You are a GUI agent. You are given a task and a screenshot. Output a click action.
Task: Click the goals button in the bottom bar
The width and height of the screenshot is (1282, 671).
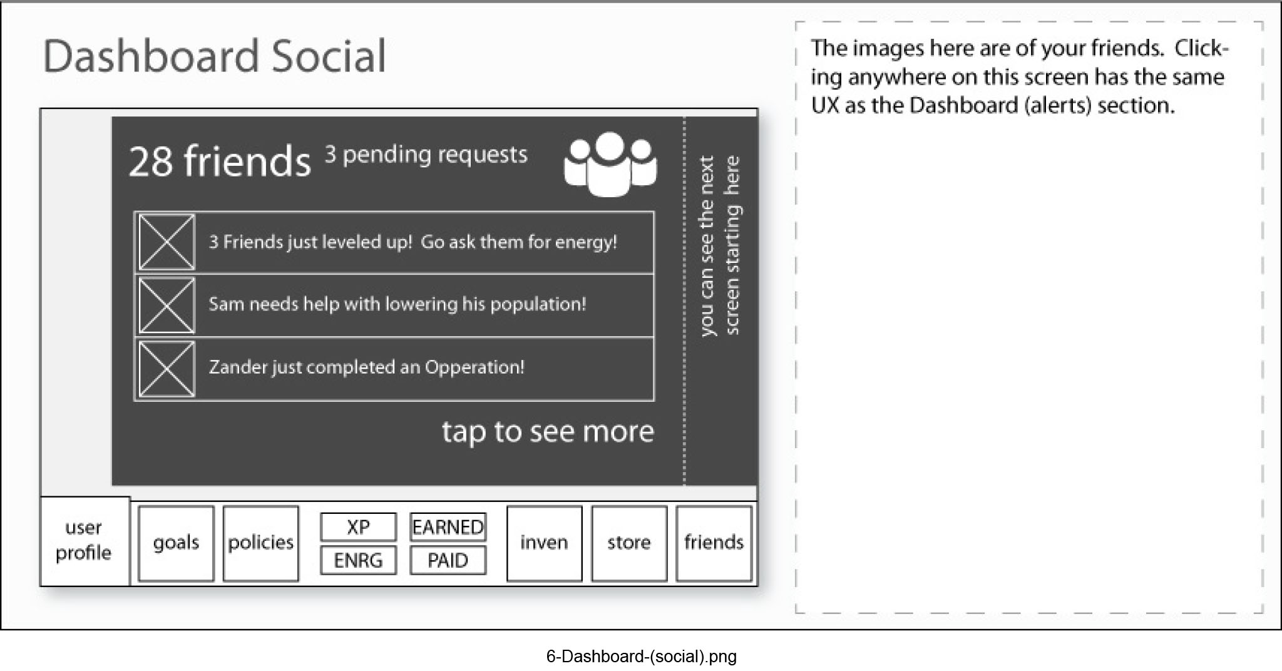tap(176, 543)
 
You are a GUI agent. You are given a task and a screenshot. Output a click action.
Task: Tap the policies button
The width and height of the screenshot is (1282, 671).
tap(260, 543)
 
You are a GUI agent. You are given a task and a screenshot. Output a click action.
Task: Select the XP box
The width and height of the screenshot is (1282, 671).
tap(358, 527)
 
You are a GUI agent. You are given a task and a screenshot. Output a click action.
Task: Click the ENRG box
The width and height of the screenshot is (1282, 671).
tap(358, 560)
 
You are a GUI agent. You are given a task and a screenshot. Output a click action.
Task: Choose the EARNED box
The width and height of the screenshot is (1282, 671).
tap(448, 527)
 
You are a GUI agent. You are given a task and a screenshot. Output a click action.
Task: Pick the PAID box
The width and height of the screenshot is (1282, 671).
tap(448, 560)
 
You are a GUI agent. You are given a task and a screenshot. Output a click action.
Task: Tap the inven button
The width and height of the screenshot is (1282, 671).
tap(544, 543)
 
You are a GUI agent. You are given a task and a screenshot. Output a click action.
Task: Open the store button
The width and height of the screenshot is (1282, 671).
tap(628, 543)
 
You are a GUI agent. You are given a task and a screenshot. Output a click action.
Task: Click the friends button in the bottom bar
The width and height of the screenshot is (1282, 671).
tap(714, 543)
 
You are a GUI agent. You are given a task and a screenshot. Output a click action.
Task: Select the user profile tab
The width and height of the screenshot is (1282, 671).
tap(84, 541)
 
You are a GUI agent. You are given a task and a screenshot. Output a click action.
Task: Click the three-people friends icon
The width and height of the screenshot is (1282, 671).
tap(610, 164)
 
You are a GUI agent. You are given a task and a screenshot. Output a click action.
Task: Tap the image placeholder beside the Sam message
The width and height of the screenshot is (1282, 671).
tap(167, 305)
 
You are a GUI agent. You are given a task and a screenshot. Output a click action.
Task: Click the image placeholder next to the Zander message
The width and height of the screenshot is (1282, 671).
tap(167, 369)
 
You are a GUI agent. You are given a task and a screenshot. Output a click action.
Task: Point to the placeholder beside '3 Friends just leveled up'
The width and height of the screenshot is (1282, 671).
tap(167, 242)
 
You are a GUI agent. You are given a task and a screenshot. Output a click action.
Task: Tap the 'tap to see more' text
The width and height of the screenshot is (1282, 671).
tap(548, 432)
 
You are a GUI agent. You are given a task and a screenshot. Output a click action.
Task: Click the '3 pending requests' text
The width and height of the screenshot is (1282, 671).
tap(426, 155)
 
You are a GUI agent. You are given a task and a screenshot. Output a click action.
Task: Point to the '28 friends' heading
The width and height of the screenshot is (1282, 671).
tap(219, 161)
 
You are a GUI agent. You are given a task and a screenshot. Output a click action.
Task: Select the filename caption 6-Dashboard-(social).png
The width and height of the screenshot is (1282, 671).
tap(641, 656)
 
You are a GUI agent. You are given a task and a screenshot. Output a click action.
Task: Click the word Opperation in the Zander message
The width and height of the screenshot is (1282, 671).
tap(474, 367)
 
